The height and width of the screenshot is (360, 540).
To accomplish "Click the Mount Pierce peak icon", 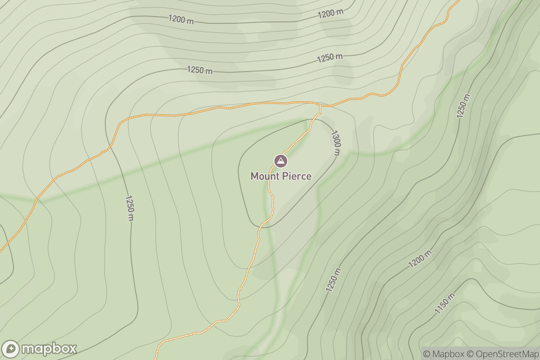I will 280,161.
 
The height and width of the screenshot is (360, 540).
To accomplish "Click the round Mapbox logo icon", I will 10,349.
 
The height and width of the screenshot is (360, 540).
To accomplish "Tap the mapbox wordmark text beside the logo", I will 49,349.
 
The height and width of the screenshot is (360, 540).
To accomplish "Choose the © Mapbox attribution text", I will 444,354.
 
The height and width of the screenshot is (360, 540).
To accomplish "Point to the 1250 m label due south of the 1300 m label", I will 333,280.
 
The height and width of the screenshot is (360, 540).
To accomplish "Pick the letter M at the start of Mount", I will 255,176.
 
